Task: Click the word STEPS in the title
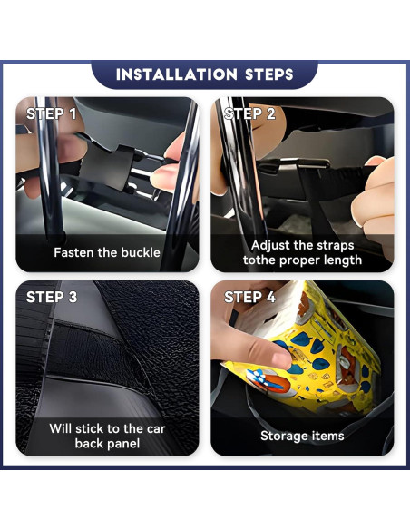point(264,74)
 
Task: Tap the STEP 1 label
point(51,114)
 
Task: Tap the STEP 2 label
point(249,114)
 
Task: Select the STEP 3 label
point(51,298)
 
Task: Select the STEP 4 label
point(249,298)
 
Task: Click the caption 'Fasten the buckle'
point(106,252)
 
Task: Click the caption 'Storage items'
point(302,436)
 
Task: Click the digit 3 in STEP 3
point(72,298)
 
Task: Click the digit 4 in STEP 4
point(270,298)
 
